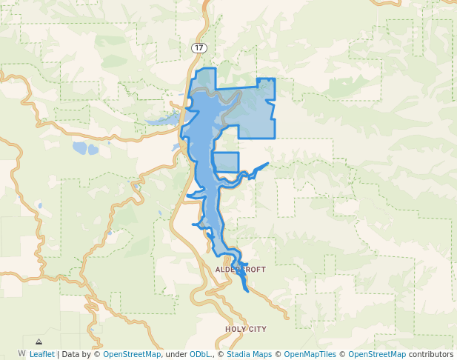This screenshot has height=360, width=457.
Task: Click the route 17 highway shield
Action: (x=199, y=47)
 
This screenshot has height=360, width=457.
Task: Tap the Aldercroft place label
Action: (x=240, y=270)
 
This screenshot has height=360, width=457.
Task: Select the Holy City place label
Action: (x=246, y=328)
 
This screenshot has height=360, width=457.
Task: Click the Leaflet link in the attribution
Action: (x=41, y=354)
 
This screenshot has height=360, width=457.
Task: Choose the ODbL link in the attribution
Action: (x=200, y=354)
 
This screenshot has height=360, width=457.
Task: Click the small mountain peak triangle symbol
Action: (x=39, y=342)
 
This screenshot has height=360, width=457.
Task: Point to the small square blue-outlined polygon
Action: (x=226, y=162)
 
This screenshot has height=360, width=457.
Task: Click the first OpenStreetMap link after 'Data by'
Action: (x=132, y=354)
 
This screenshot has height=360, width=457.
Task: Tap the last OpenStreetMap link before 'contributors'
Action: (x=377, y=354)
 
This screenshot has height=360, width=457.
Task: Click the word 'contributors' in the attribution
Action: (x=430, y=354)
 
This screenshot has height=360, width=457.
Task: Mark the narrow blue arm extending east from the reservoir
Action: (x=255, y=171)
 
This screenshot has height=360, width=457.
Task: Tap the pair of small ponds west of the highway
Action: (x=84, y=148)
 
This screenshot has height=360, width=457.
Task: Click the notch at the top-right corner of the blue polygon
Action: (x=265, y=79)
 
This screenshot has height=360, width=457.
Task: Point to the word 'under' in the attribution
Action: (x=176, y=354)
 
